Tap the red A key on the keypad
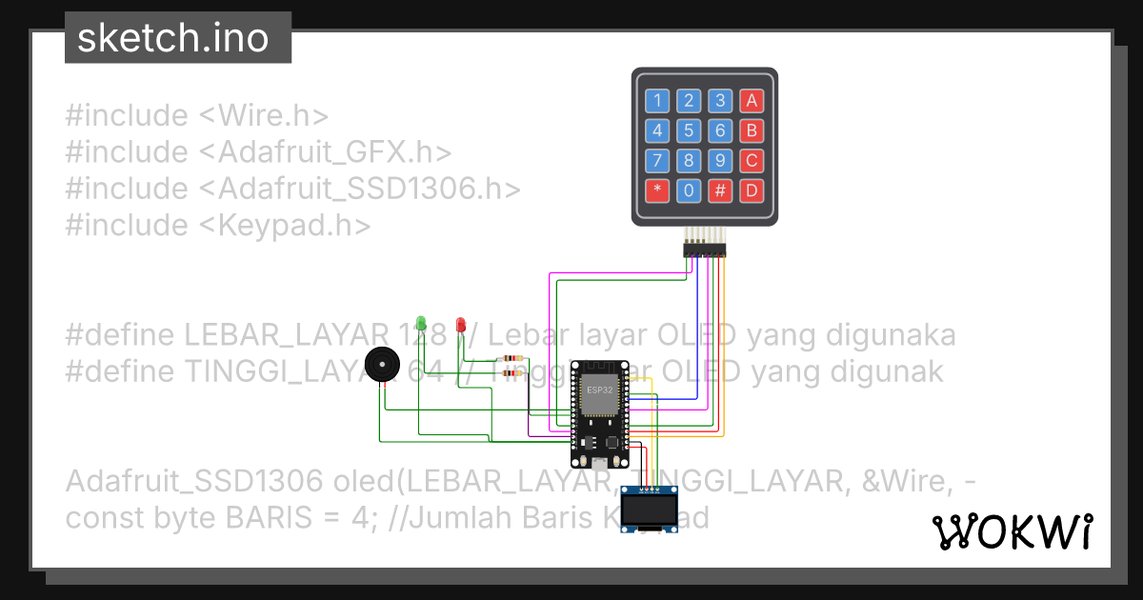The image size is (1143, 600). click(752, 100)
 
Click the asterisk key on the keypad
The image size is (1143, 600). click(657, 190)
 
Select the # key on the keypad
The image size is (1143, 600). click(720, 190)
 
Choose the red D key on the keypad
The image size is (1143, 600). click(752, 190)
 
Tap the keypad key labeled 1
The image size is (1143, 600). click(657, 100)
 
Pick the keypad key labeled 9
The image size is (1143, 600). click(720, 160)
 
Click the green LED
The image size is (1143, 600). click(419, 323)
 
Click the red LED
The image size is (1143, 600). click(461, 326)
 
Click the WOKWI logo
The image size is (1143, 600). click(1012, 532)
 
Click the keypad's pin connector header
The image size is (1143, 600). click(704, 250)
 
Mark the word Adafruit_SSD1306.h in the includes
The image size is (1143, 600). click(369, 189)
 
